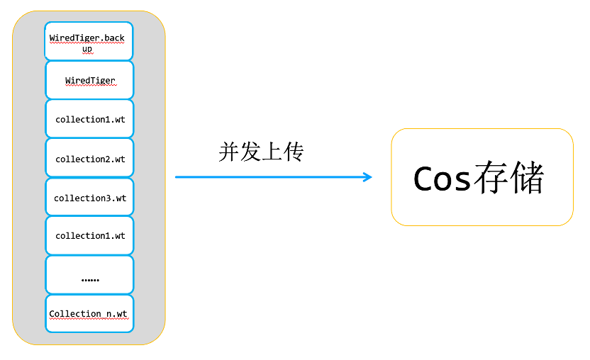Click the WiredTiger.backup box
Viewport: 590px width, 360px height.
point(89,42)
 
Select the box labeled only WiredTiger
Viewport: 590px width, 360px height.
point(89,80)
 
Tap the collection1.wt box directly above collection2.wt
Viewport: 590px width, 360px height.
point(89,119)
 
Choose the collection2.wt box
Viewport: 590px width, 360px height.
point(89,158)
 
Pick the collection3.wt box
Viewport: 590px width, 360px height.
point(89,197)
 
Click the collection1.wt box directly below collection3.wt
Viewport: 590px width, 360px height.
point(89,235)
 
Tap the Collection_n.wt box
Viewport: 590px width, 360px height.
point(89,313)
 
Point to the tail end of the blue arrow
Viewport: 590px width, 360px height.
point(177,177)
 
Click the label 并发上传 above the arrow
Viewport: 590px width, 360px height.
point(261,152)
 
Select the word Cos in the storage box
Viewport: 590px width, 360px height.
point(441,179)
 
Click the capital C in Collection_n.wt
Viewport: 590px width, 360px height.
point(52,314)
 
